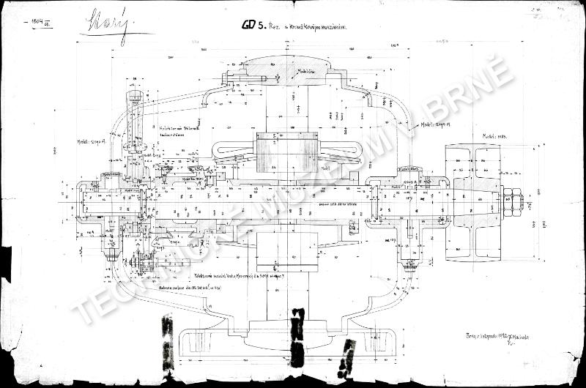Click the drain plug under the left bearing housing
[x=112, y=253]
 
